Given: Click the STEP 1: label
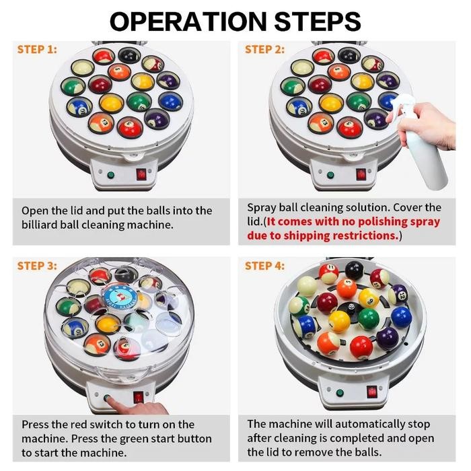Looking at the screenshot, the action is [37, 49].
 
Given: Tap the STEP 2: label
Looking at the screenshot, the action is [264, 49].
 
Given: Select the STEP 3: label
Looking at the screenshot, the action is [37, 266].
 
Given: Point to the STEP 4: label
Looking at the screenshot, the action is [264, 266].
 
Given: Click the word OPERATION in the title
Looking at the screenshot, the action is [188, 22].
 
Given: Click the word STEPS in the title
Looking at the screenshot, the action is [318, 22].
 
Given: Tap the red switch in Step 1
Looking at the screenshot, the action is [141, 174].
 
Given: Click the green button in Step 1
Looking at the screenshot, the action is [111, 175].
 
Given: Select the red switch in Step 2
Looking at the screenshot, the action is [361, 174].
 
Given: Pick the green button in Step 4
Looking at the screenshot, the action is [340, 392].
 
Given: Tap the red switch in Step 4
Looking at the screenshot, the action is [371, 392].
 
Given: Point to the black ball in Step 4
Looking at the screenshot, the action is [354, 270].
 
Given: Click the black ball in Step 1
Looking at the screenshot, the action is [129, 55].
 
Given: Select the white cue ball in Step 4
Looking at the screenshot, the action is [307, 286].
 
